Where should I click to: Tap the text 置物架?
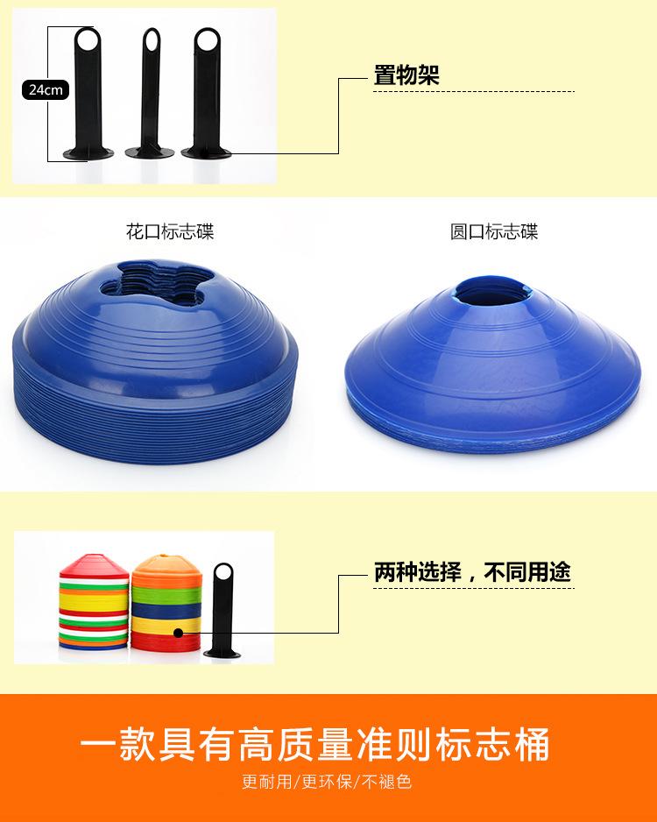[406, 75]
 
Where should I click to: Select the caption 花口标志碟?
[170, 232]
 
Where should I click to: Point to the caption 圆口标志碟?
[494, 232]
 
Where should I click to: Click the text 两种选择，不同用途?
[472, 573]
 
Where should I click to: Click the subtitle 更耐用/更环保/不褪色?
[327, 782]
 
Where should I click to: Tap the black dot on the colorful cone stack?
[178, 632]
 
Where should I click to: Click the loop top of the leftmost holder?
[88, 40]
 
